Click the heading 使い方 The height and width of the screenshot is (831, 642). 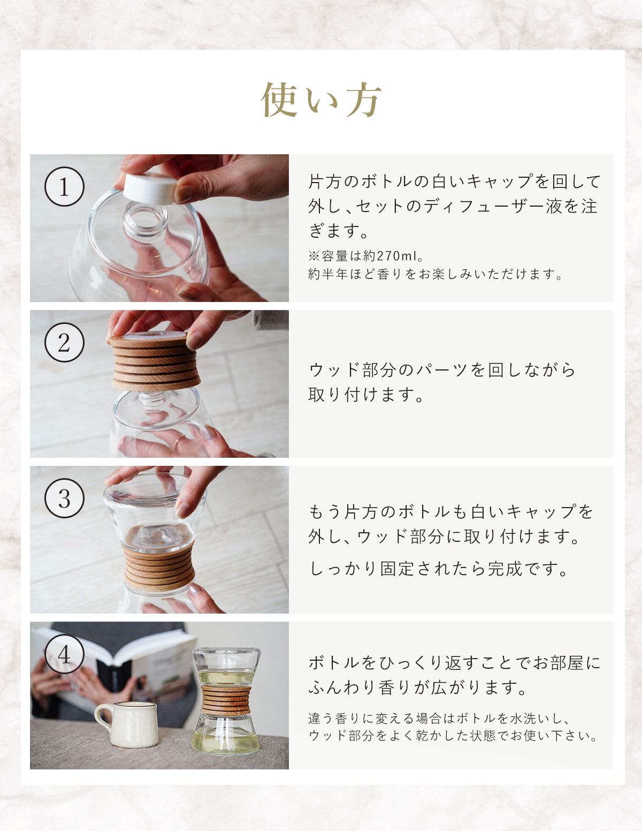coord(321,100)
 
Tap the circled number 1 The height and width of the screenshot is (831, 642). coord(64,187)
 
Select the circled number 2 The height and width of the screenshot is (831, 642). coord(64,342)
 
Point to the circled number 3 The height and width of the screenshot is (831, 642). coord(64,498)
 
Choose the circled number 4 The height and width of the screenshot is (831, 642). coord(64,654)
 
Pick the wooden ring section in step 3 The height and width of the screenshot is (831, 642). coord(158,568)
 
